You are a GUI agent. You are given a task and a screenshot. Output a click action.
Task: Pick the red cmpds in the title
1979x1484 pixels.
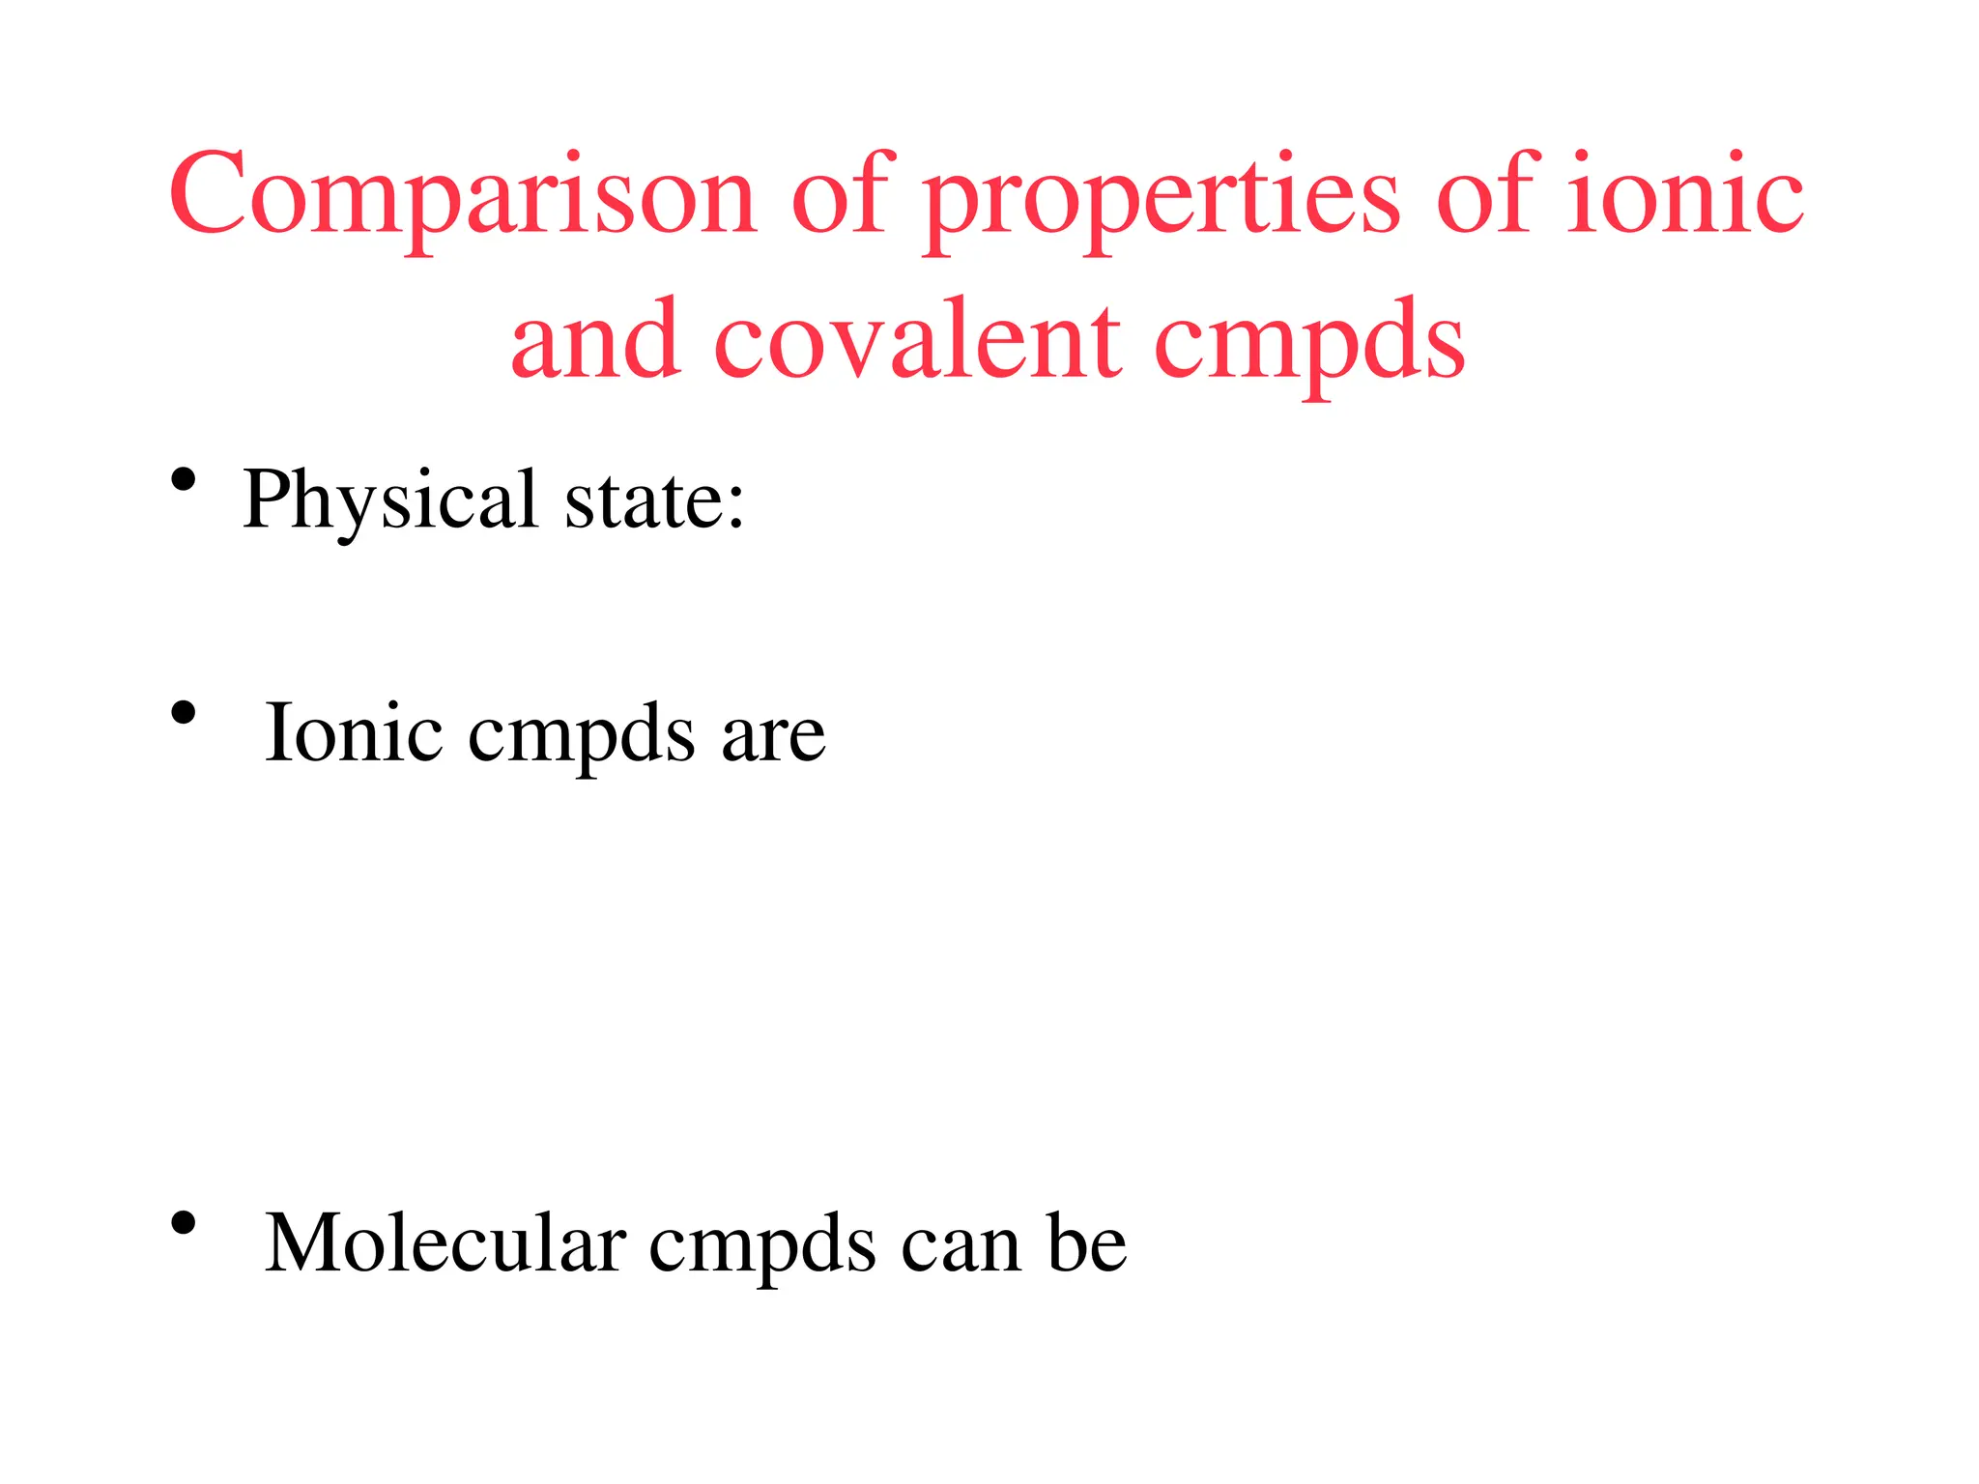pos(1309,343)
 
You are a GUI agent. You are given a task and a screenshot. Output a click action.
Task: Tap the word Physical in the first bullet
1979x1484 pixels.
pos(390,500)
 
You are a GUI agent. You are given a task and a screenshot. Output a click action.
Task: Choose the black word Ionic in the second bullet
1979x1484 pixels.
pos(353,732)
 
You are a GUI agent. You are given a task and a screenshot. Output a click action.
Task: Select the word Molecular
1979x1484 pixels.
pos(445,1243)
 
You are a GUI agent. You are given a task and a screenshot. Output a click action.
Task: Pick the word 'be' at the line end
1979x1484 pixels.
pos(1087,1243)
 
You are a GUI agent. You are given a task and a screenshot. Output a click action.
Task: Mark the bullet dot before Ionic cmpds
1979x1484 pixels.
pos(184,713)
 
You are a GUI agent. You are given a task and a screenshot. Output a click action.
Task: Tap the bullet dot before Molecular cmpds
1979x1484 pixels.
pos(184,1224)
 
